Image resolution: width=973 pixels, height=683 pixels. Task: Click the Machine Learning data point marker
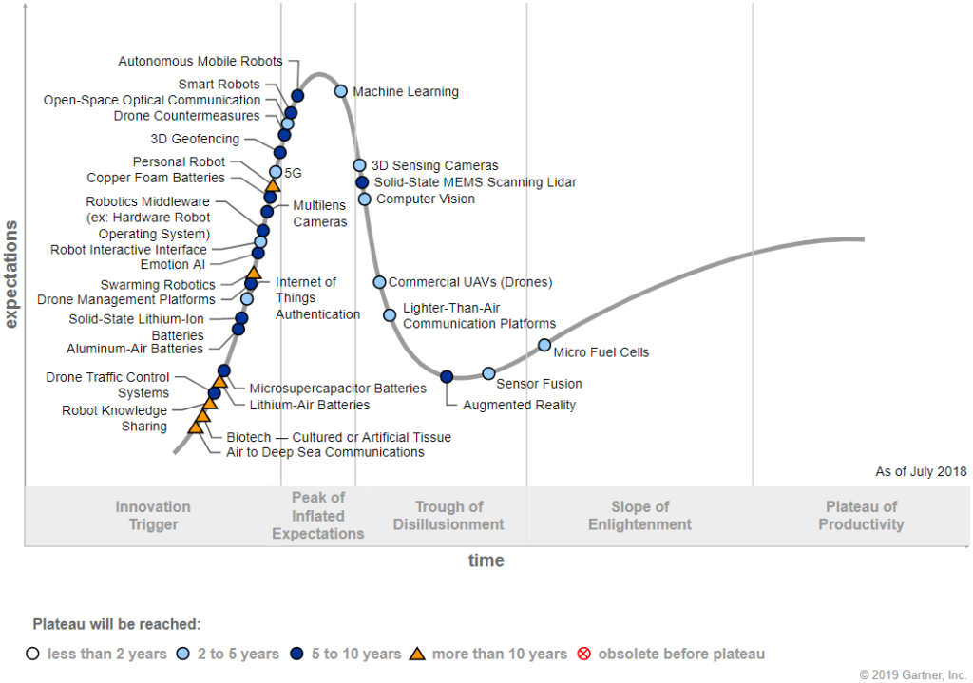click(x=341, y=91)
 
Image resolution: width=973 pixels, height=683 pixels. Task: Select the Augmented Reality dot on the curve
click(x=447, y=377)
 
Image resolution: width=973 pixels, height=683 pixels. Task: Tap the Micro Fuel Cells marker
click(x=544, y=345)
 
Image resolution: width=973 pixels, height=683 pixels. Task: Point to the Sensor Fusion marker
click(x=488, y=373)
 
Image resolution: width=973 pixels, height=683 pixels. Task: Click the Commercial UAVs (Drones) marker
click(x=379, y=282)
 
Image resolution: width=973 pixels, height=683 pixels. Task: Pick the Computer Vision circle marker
click(x=365, y=199)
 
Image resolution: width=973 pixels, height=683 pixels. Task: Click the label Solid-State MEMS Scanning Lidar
click(x=475, y=182)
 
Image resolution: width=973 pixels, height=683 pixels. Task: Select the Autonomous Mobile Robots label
click(x=200, y=62)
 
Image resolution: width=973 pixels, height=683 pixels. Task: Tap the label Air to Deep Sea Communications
click(x=325, y=452)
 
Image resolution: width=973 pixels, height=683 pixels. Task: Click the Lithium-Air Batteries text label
click(x=310, y=405)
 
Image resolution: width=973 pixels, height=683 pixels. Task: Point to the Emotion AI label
click(x=172, y=265)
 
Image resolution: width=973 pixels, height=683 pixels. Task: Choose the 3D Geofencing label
click(x=195, y=140)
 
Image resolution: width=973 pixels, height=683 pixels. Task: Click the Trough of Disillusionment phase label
click(x=448, y=516)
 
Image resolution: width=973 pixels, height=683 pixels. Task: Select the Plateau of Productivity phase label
click(x=861, y=516)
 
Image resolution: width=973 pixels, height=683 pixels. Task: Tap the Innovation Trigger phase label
click(x=153, y=516)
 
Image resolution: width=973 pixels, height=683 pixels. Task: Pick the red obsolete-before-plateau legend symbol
click(x=584, y=654)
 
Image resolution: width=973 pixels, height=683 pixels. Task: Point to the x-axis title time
click(x=486, y=560)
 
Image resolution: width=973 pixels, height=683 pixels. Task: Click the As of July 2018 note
click(x=921, y=472)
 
